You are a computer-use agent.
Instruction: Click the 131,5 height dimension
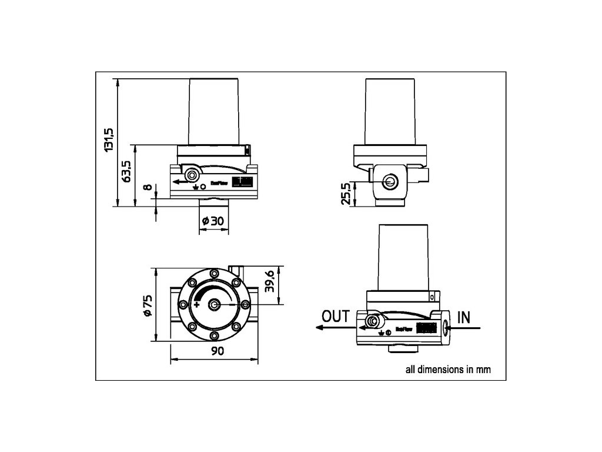coord(109,139)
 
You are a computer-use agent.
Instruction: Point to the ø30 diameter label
coord(213,221)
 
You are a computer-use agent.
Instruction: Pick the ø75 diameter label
coord(148,305)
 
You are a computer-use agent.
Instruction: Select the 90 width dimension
coord(216,351)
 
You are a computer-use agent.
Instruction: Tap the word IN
coord(464,317)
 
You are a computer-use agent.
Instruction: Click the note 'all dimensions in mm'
coord(448,370)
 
